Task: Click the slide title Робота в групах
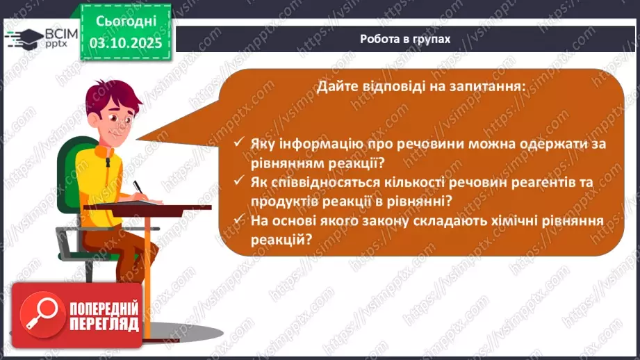pyautogui.click(x=405, y=39)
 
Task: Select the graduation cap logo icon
pyautogui.click(x=22, y=38)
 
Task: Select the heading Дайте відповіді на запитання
pyautogui.click(x=422, y=86)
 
